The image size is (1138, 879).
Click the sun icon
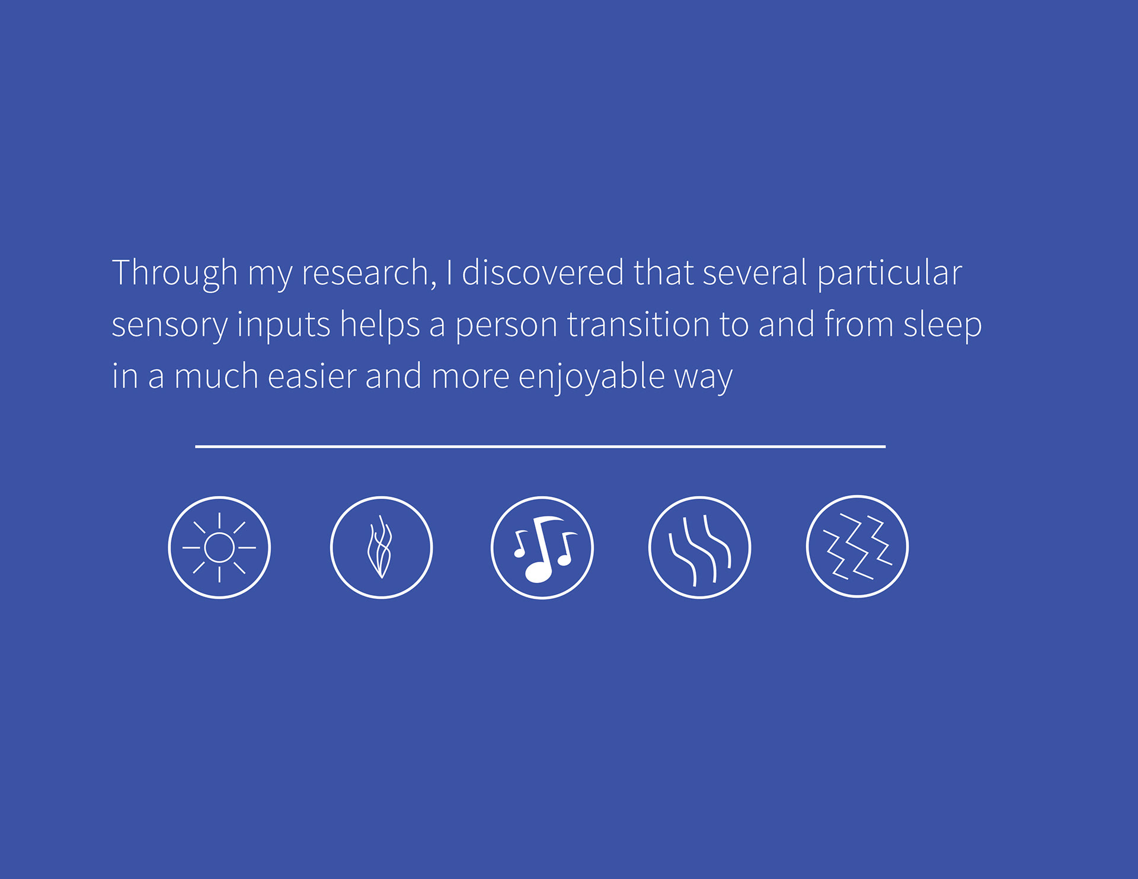[219, 547]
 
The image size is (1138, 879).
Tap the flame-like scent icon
[381, 547]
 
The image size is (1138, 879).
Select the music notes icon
[542, 547]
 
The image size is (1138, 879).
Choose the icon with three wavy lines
[699, 547]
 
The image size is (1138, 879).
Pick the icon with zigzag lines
[857, 546]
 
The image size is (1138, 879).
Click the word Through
[175, 274]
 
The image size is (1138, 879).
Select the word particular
[889, 274]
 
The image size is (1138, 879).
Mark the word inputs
[283, 326]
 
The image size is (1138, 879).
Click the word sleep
[942, 326]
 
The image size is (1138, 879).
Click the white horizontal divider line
[540, 447]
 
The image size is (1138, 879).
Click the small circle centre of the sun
[219, 547]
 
